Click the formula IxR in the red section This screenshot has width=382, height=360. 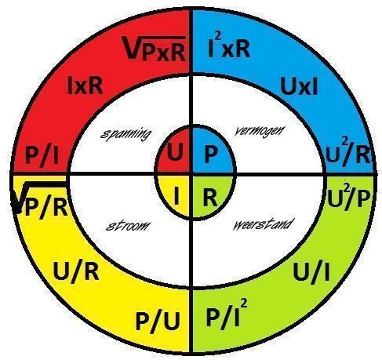[85, 85]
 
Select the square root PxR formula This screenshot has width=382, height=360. [155, 49]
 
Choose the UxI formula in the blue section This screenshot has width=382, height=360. [299, 86]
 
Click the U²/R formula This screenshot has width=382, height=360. [349, 154]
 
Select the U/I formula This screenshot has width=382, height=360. [311, 272]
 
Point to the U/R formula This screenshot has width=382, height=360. [76, 272]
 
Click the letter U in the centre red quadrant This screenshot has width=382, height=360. [175, 153]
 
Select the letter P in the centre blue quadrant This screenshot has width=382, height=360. [210, 154]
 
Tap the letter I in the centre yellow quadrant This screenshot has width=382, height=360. [176, 195]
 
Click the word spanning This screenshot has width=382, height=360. [126, 134]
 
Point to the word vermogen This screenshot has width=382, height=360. [259, 130]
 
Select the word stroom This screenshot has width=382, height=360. [128, 225]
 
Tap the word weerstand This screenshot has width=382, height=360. [262, 224]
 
